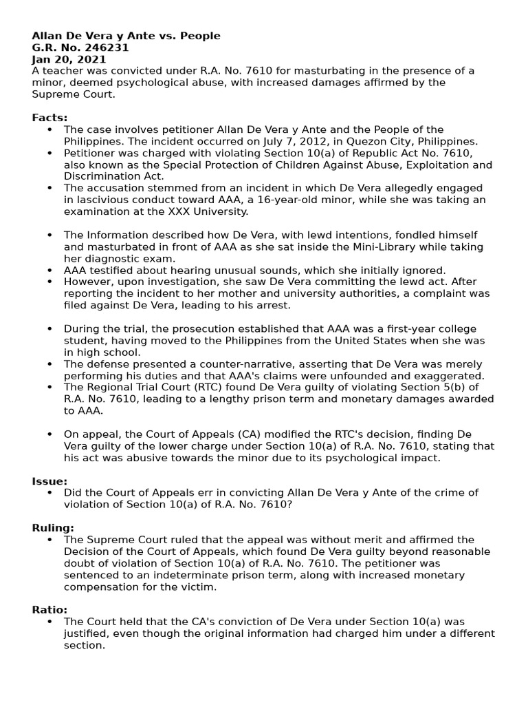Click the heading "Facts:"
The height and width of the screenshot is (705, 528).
click(x=50, y=118)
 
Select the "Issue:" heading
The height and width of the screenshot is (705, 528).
click(x=49, y=481)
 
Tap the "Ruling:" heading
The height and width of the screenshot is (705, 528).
click(x=53, y=528)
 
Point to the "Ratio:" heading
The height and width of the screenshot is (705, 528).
click(x=49, y=610)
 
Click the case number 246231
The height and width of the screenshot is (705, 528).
click(x=109, y=48)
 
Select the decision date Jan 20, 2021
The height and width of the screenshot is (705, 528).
click(x=69, y=59)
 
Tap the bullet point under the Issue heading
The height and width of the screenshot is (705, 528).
click(x=50, y=493)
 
